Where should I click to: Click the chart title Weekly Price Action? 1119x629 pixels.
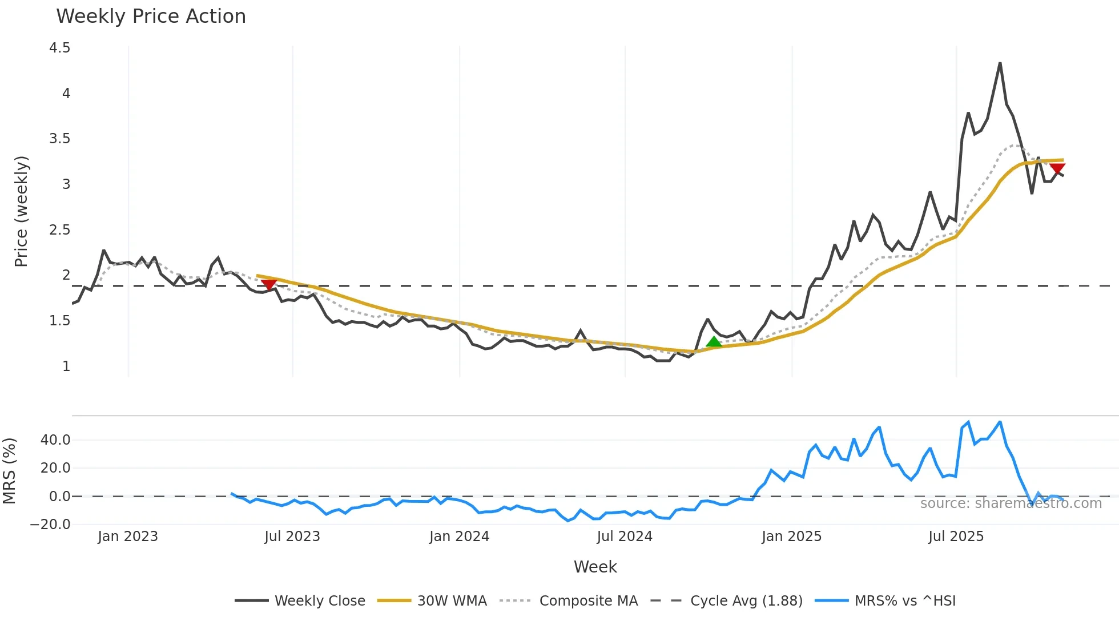[x=151, y=17]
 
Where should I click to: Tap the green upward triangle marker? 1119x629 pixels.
[x=714, y=342]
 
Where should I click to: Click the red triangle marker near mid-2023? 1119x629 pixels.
[x=269, y=284]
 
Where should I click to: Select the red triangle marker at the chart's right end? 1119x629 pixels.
[x=1057, y=169]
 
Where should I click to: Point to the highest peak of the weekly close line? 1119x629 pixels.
[x=1000, y=63]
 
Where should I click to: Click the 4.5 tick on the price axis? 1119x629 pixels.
[x=60, y=48]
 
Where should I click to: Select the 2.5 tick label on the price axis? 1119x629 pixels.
[x=60, y=230]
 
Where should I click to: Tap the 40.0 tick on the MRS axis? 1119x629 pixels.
[x=55, y=440]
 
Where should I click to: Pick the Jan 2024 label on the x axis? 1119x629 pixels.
[x=459, y=537]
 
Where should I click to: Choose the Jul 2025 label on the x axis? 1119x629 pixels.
[x=956, y=537]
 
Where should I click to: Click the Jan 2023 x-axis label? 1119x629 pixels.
[x=127, y=537]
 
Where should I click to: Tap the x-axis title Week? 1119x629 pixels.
[x=595, y=567]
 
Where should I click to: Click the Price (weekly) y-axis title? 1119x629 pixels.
[x=21, y=211]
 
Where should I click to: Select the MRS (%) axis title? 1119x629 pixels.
[x=10, y=471]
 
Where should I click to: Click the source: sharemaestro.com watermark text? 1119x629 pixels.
[x=1011, y=503]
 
